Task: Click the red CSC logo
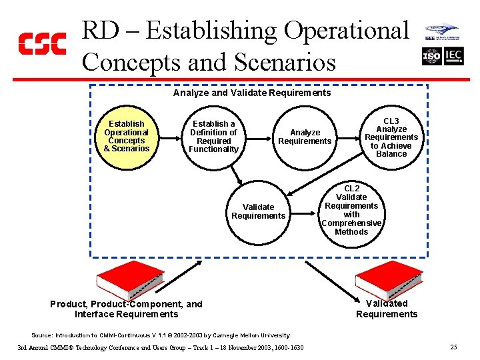[x=41, y=43]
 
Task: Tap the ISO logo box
[x=431, y=56]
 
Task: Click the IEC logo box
[x=453, y=56]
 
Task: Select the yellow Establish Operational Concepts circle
[x=127, y=136]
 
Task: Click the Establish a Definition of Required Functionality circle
[x=213, y=136]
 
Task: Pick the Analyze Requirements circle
[x=305, y=136]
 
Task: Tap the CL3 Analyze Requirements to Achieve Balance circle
[x=391, y=136]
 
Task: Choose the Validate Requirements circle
[x=258, y=211]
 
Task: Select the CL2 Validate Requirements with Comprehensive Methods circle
[x=351, y=210]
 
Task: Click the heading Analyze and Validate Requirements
[x=251, y=93]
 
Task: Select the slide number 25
[x=453, y=347]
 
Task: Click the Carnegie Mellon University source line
[x=161, y=335]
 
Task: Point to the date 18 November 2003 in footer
[x=237, y=348]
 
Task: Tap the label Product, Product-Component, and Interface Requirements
[x=126, y=309]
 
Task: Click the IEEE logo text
[x=430, y=38]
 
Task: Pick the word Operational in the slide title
[x=346, y=31]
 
